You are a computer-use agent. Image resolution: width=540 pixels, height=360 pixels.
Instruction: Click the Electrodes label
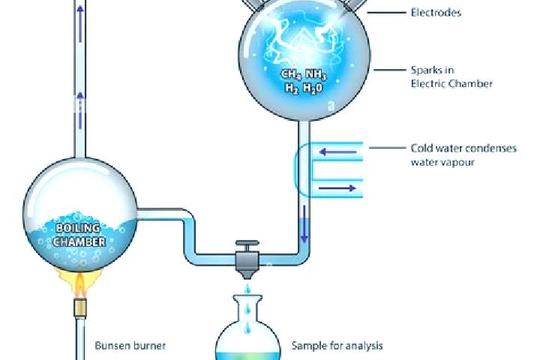pyautogui.click(x=436, y=13)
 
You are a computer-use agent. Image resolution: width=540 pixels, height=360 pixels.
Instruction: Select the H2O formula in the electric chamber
pyautogui.click(x=313, y=88)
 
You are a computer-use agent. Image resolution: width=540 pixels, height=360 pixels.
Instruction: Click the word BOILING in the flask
pyautogui.click(x=78, y=228)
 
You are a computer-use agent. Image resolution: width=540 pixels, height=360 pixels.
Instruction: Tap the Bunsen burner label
pyautogui.click(x=130, y=346)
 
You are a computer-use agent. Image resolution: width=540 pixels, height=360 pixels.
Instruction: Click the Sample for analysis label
pyautogui.click(x=337, y=346)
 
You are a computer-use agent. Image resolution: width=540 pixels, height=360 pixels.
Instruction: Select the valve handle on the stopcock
pyautogui.click(x=247, y=246)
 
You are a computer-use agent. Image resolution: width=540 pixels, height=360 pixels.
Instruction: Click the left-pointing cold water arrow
pyautogui.click(x=337, y=151)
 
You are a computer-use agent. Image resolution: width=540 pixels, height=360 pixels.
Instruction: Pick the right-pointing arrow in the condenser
pyautogui.click(x=337, y=188)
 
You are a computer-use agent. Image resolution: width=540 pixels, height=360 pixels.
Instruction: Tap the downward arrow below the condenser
pyautogui.click(x=304, y=223)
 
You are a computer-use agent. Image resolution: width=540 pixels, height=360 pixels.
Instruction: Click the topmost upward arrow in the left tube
pyautogui.click(x=80, y=24)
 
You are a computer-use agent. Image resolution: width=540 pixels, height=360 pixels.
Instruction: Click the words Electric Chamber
pyautogui.click(x=451, y=84)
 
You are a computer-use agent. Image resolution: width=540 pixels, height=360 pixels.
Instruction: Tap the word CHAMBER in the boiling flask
pyautogui.click(x=79, y=241)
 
